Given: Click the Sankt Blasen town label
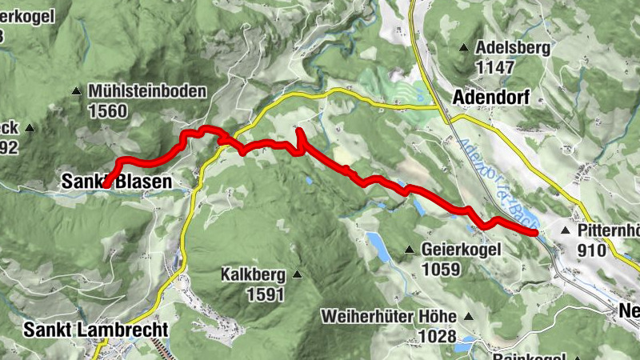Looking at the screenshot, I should [x=116, y=182].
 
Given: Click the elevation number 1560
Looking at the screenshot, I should [x=108, y=111].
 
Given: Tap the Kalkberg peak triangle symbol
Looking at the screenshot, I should [x=297, y=275].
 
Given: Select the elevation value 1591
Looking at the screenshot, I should [x=265, y=294].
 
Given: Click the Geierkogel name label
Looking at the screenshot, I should [x=462, y=250].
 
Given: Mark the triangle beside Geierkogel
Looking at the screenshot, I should [x=410, y=250].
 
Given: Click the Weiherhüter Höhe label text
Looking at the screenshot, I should [x=388, y=316].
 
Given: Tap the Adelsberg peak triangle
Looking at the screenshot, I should [x=465, y=47].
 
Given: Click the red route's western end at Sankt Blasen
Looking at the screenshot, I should [x=105, y=185].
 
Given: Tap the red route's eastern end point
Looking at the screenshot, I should [x=534, y=232].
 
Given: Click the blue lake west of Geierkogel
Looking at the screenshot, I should [x=378, y=247].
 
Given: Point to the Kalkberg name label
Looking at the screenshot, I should [x=253, y=275].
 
